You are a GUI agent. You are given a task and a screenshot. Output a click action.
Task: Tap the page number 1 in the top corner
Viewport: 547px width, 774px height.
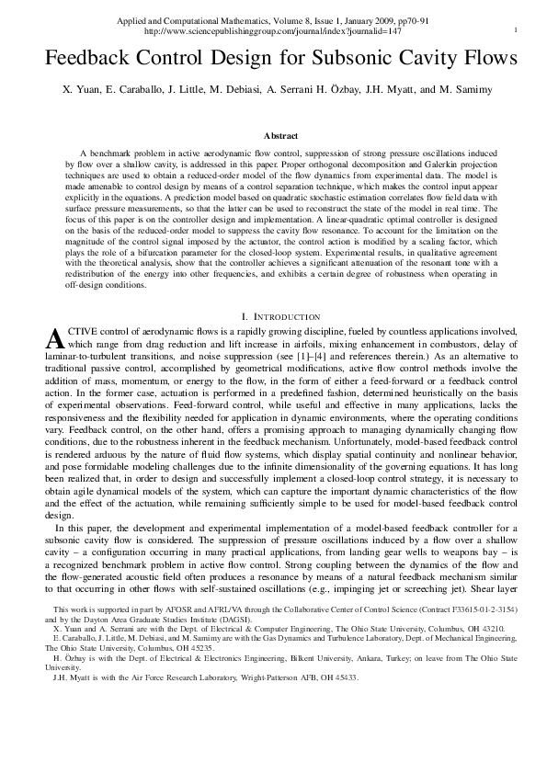coord(517,30)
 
